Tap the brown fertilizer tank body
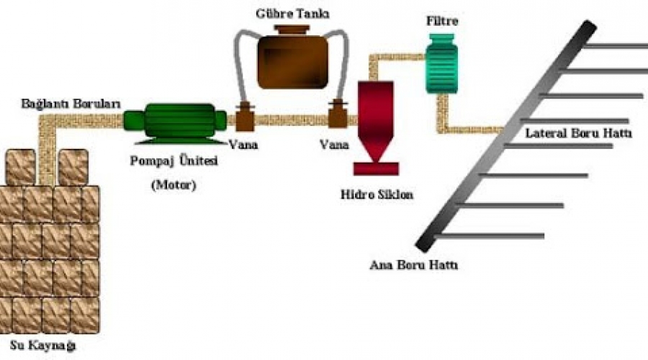click(292, 62)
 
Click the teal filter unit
click(442, 63)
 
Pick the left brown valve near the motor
click(245, 117)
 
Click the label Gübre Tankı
click(292, 14)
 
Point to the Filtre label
click(442, 21)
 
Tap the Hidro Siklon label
click(377, 194)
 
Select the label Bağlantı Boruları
click(71, 104)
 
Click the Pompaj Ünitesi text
click(174, 161)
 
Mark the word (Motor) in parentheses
click(174, 185)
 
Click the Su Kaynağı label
click(43, 346)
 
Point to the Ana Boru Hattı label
click(414, 264)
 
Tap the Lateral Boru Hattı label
click(579, 133)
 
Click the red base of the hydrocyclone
click(376, 168)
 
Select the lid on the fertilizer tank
click(292, 30)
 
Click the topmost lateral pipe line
click(615, 46)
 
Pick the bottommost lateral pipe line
click(489, 236)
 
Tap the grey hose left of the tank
click(238, 62)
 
